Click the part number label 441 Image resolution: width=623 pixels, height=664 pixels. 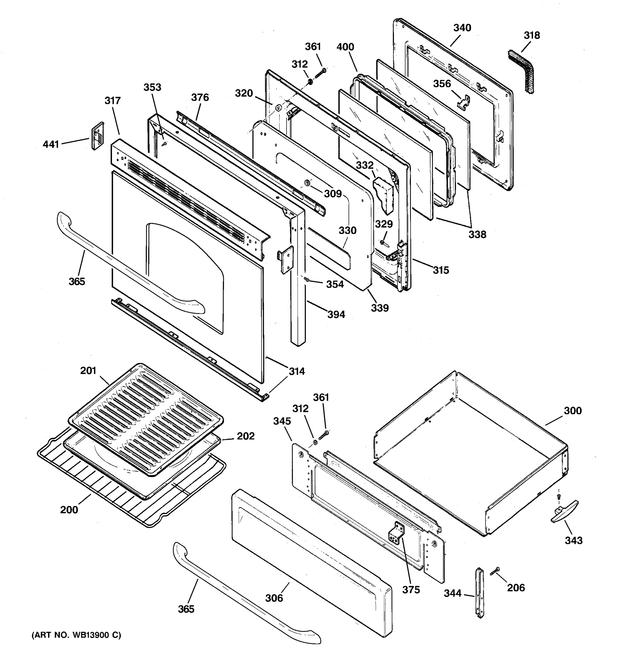(51, 144)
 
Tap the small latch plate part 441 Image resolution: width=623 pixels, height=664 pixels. (97, 136)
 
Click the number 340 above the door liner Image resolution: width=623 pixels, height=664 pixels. (462, 28)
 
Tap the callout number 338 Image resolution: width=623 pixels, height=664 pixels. (477, 234)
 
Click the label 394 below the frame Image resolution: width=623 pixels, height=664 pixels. (336, 314)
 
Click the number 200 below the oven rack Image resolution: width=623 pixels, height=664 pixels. (69, 510)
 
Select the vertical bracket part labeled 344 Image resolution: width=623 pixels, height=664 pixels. (480, 593)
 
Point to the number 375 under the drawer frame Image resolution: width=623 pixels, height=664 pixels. (411, 590)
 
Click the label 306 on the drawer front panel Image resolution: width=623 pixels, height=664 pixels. (274, 598)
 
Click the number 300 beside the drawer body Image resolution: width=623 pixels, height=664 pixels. (573, 411)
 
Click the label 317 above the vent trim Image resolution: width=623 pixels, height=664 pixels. (113, 100)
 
